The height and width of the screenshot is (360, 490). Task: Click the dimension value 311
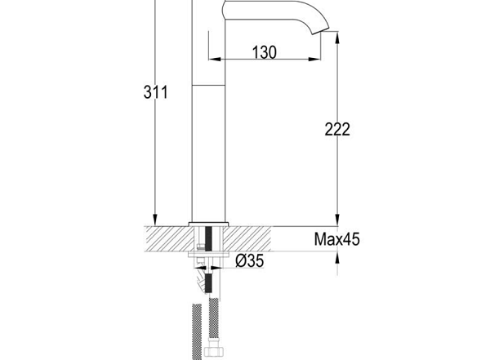[155, 92]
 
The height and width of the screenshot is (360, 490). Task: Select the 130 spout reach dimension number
[265, 52]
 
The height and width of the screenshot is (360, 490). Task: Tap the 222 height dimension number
[337, 129]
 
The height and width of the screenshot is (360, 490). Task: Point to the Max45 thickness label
[336, 239]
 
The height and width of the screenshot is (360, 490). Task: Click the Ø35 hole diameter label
[249, 260]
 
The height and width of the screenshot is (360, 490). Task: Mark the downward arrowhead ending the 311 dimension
[155, 220]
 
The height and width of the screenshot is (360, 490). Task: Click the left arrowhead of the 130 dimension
[215, 59]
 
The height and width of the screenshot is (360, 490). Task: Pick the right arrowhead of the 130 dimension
[314, 59]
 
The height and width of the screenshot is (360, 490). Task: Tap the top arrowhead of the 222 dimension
[337, 38]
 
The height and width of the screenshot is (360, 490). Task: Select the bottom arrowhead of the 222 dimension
[337, 220]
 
